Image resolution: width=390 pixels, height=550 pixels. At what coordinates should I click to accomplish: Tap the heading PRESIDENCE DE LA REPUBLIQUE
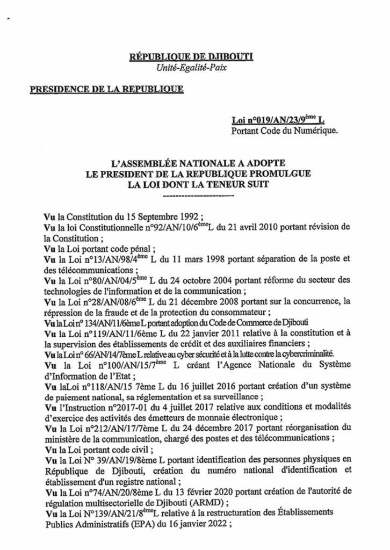pos(107,88)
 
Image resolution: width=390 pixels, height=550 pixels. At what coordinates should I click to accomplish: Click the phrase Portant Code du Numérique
pos(284,131)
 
